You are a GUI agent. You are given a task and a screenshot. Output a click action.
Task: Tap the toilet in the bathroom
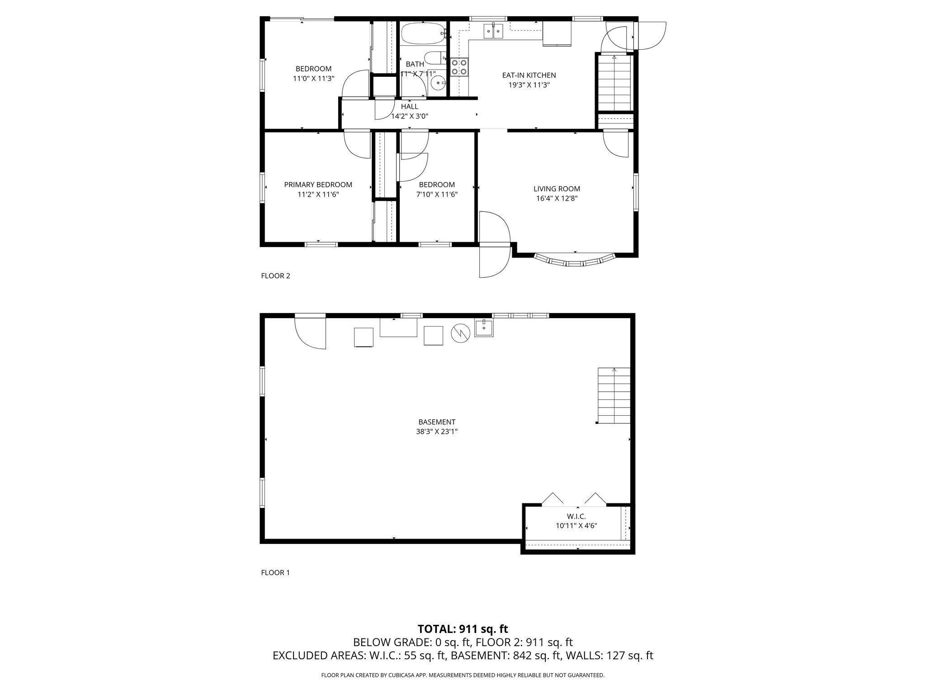point(437,58)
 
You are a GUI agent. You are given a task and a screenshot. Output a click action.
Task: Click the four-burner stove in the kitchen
point(459,67)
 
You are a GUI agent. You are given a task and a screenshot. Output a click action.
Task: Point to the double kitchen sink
point(493,31)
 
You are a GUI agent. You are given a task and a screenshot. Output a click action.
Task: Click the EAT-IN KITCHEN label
point(529,75)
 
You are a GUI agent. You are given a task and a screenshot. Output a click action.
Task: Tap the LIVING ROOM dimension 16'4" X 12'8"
point(557,198)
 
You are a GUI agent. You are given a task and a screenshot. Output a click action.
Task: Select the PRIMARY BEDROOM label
point(318,185)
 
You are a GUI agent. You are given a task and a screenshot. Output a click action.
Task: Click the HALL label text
point(410,107)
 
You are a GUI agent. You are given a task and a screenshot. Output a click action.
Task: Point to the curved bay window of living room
point(575,263)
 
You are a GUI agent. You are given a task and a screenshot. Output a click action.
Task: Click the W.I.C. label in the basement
point(576,516)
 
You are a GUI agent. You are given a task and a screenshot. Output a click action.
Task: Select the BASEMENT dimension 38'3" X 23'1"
point(437,431)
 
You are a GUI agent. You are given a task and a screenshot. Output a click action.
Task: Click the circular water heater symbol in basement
point(461,333)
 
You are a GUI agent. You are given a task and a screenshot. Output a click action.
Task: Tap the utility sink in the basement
point(484,328)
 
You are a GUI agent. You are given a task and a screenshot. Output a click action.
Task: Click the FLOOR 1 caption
point(275,573)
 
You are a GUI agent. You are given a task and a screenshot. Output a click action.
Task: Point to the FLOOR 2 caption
point(275,276)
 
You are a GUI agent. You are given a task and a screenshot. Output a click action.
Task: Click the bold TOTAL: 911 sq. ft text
point(463,629)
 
